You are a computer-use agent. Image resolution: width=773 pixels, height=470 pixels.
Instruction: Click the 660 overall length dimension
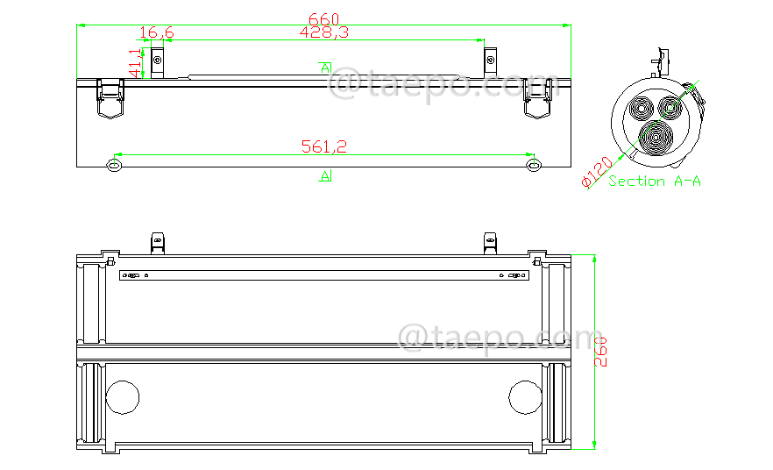click(324, 18)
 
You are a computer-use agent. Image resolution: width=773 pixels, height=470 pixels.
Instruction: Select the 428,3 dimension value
click(324, 32)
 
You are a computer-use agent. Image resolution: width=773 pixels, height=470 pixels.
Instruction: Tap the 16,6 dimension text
click(157, 32)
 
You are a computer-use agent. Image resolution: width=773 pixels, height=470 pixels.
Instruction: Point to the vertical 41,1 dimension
click(135, 63)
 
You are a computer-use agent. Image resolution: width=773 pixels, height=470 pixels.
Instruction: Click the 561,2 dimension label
click(324, 146)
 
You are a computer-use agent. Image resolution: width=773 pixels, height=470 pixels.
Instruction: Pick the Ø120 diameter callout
click(597, 172)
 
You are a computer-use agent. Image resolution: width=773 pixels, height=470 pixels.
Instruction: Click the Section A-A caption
click(655, 182)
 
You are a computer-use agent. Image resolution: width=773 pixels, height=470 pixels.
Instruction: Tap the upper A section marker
click(325, 68)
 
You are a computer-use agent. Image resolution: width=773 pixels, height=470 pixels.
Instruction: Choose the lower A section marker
click(325, 176)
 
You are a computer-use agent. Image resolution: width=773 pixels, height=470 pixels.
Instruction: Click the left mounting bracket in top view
click(158, 60)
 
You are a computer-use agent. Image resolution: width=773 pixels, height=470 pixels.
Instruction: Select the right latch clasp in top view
click(538, 96)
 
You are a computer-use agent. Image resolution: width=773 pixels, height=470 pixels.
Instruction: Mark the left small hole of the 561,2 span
click(113, 166)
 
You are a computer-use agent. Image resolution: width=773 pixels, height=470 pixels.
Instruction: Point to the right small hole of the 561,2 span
click(532, 166)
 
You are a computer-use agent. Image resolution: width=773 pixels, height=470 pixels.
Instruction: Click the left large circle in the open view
click(123, 396)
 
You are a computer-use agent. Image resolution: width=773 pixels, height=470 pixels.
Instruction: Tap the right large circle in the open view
click(525, 396)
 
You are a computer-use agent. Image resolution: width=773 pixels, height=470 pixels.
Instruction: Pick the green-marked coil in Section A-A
click(672, 107)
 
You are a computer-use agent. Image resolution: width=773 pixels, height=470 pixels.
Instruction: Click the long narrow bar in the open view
click(324, 276)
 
